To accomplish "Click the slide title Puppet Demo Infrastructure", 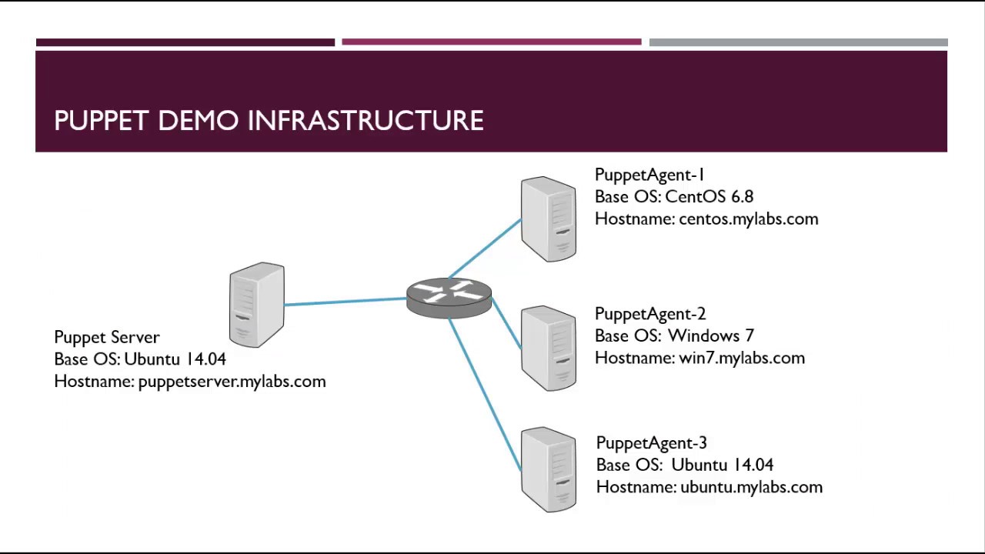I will click(x=269, y=121).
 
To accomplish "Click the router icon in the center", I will click(x=449, y=297).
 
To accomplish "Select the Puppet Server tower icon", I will click(x=257, y=305).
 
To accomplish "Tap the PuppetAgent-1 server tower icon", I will click(x=548, y=219).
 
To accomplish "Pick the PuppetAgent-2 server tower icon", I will click(x=548, y=349).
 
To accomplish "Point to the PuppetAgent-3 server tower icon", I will click(x=548, y=469).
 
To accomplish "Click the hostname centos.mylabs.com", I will click(x=748, y=219).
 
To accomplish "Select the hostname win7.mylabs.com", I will click(x=741, y=358).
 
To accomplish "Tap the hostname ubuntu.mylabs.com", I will click(x=751, y=487).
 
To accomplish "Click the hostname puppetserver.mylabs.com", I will click(x=232, y=382).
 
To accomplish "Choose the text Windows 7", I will click(x=710, y=335).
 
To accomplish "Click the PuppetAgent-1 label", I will click(x=649, y=175).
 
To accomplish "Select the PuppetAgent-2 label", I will click(x=650, y=314).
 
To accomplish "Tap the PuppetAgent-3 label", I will click(x=651, y=443).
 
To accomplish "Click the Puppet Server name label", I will click(x=107, y=337).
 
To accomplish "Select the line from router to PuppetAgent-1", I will click(x=485, y=248).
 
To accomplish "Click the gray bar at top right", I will click(x=798, y=42).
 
